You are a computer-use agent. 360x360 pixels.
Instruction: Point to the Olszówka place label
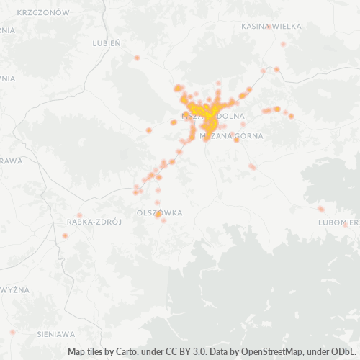coord(159,213)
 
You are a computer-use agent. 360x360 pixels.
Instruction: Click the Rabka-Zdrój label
coord(93,222)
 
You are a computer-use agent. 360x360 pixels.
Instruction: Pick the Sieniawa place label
coord(55,334)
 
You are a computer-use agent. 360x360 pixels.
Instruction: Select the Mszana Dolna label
coord(214,115)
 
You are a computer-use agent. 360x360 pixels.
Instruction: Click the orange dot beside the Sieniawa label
coord(12,332)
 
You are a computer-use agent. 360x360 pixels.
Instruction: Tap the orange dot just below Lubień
coord(136,58)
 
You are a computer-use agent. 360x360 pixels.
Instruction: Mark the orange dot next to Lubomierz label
coord(321,209)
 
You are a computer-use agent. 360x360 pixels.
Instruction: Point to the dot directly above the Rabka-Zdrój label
coord(79,215)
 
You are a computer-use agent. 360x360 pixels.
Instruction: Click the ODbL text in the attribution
coord(345,353)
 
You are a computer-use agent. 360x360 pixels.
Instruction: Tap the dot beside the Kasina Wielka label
coord(269,27)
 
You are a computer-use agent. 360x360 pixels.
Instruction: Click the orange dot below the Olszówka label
coord(163,220)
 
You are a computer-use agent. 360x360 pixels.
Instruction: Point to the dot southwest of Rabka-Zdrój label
coord(65,235)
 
